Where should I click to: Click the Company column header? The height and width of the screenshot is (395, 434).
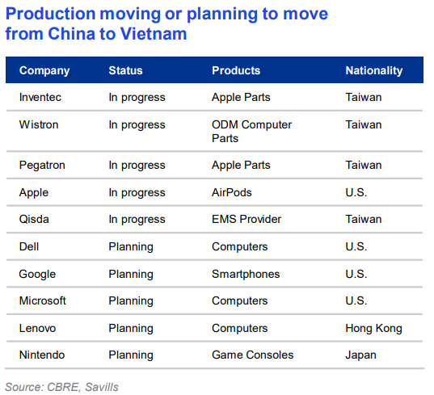click(x=44, y=70)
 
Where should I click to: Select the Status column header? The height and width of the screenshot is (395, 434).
click(x=125, y=70)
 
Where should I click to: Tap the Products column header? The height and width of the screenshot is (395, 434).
click(x=236, y=70)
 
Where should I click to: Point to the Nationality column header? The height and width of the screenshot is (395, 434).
click(x=373, y=70)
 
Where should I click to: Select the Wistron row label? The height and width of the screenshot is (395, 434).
click(x=39, y=124)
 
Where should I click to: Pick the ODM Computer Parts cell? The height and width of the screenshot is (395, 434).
click(x=251, y=131)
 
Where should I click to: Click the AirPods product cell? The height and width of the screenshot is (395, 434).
click(x=231, y=192)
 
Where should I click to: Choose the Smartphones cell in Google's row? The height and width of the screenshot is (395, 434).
click(x=246, y=274)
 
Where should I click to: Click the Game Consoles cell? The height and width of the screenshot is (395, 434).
click(x=252, y=355)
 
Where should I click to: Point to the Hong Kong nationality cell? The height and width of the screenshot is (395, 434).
click(x=373, y=328)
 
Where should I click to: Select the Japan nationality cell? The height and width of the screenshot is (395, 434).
click(x=360, y=355)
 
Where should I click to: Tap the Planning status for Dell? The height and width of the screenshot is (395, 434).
click(x=130, y=246)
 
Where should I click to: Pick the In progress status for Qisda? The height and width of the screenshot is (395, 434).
click(x=137, y=220)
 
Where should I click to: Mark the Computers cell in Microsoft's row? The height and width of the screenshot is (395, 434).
click(x=239, y=300)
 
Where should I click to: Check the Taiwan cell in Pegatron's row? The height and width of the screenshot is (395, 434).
click(x=363, y=165)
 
